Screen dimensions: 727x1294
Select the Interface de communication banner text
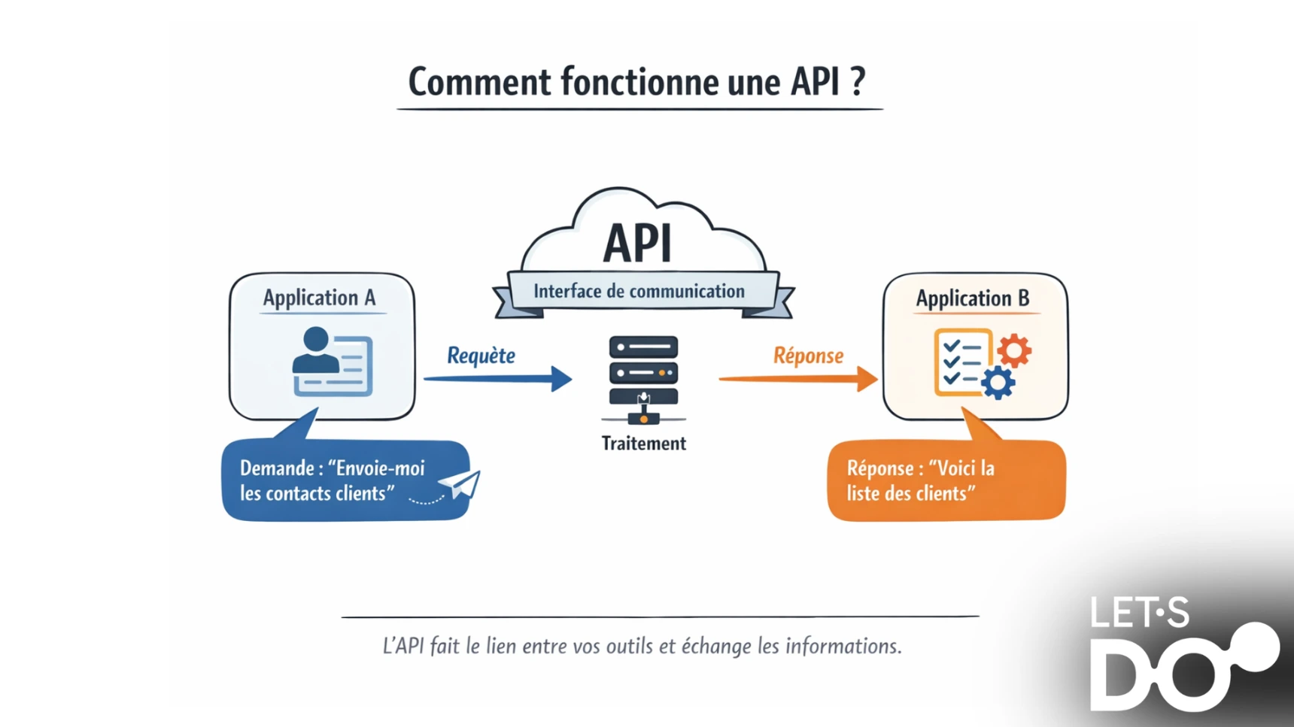click(x=639, y=292)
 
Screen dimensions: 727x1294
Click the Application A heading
click(x=319, y=298)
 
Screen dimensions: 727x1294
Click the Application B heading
click(x=972, y=298)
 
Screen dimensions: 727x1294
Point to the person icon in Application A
click(x=316, y=350)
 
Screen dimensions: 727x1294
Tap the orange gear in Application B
click(x=1013, y=350)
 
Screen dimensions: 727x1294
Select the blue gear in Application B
click(x=998, y=383)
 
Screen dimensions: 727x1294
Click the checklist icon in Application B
click(x=961, y=362)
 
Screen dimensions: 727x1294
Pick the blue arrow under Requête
click(x=497, y=378)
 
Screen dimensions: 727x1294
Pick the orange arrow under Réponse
click(x=797, y=378)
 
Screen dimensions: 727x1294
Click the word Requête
click(x=481, y=355)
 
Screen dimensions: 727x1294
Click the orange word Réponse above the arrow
click(x=808, y=355)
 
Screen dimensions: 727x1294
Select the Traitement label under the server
click(x=643, y=444)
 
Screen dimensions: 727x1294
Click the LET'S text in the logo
click(x=1139, y=613)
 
